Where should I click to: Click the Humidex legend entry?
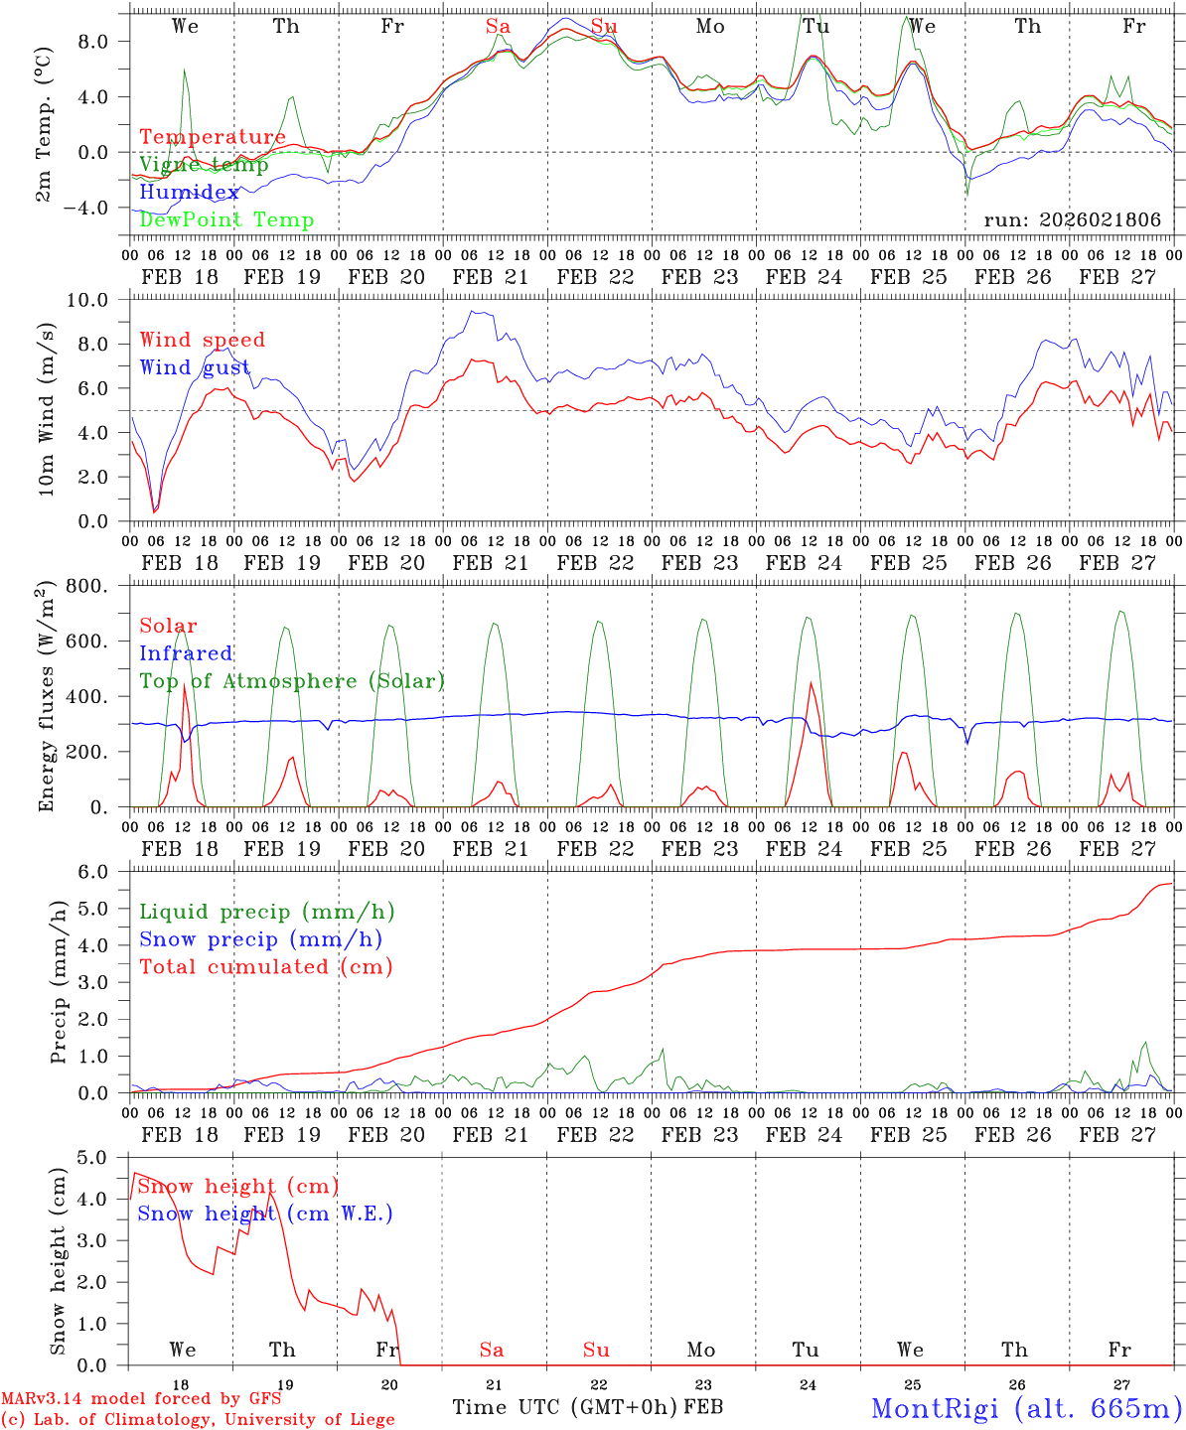pyautogui.click(x=189, y=193)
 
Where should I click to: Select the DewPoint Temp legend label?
pyautogui.click(x=226, y=220)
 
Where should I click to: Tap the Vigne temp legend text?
pyautogui.click(x=204, y=165)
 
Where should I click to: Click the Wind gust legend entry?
pyautogui.click(x=195, y=367)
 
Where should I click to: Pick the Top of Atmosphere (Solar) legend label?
pyautogui.click(x=292, y=681)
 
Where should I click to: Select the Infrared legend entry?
pyautogui.click(x=186, y=653)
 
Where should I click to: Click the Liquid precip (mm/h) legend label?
pyautogui.click(x=267, y=912)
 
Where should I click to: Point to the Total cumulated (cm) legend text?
pyautogui.click(x=266, y=967)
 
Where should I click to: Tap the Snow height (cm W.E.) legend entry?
pyautogui.click(x=265, y=1214)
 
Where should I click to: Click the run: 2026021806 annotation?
pyautogui.click(x=1072, y=220)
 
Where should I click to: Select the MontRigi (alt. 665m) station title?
pyautogui.click(x=1026, y=1408)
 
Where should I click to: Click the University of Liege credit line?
pyautogui.click(x=198, y=1419)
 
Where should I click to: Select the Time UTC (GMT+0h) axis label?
pyautogui.click(x=564, y=1407)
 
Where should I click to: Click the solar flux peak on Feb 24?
pyautogui.click(x=811, y=682)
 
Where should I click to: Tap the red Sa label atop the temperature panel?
pyautogui.click(x=498, y=27)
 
